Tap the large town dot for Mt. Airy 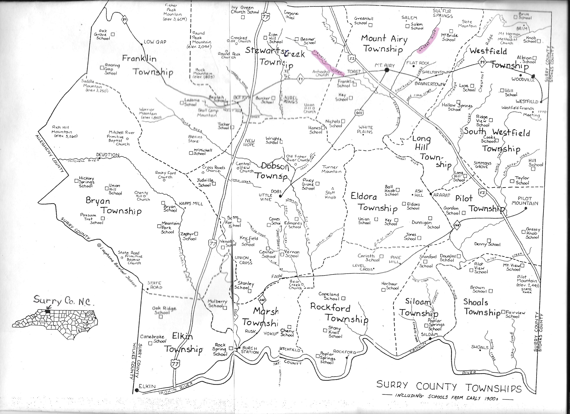coord(387,70)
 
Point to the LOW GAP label coord(155,42)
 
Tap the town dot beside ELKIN coord(137,390)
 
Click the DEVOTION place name coord(108,155)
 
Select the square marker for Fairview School coord(503,312)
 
